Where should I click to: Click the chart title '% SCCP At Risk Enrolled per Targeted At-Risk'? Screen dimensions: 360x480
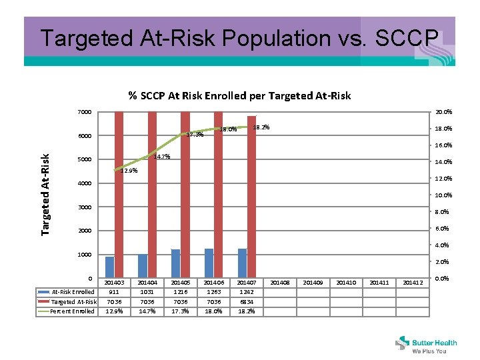[x=239, y=95]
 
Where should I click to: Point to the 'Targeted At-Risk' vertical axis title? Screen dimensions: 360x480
[x=45, y=193]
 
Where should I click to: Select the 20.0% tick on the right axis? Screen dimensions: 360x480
[x=444, y=112]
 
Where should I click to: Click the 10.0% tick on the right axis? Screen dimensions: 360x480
[x=444, y=195]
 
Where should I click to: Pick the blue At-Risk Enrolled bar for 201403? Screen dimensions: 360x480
[x=110, y=267]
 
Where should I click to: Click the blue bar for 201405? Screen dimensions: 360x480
[x=175, y=263]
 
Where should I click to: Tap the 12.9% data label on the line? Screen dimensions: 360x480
[x=128, y=171]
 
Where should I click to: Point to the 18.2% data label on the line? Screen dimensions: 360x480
[x=261, y=127]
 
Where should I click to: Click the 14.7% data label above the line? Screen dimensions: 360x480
[x=162, y=157]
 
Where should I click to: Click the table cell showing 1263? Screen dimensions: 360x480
[x=213, y=292]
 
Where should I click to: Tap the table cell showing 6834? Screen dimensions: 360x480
[x=247, y=302]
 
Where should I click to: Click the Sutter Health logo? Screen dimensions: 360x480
[x=427, y=343]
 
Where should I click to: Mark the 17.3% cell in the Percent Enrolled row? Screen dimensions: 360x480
[x=180, y=311]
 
